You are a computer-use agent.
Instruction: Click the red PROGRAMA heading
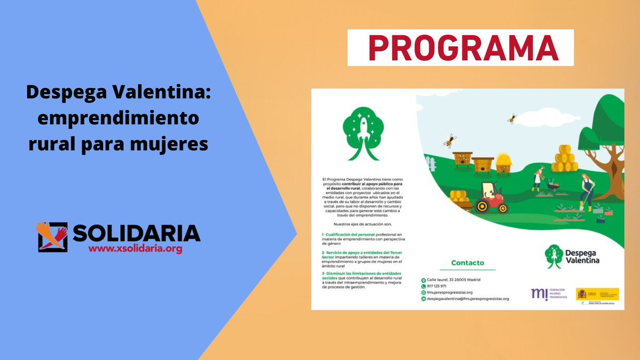pyautogui.click(x=460, y=47)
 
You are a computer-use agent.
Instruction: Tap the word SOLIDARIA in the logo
pyautogui.click(x=136, y=233)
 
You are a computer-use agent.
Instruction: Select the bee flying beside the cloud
pyautogui.click(x=512, y=118)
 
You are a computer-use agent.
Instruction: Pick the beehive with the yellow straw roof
pyautogui.click(x=503, y=163)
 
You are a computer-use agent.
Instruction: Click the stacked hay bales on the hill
pyautogui.click(x=564, y=159)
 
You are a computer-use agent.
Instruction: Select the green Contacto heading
pyautogui.click(x=467, y=262)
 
